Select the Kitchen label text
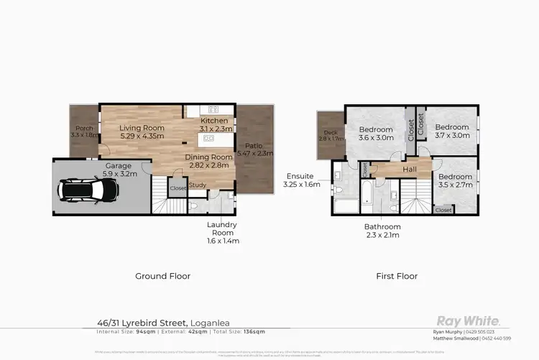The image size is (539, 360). tap(215, 121)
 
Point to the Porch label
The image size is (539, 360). tap(83, 129)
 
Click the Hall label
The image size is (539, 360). tap(409, 170)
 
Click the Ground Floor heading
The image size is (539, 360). tap(163, 275)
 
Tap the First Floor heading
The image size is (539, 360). tap(396, 275)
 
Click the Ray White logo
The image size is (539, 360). tap(469, 322)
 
